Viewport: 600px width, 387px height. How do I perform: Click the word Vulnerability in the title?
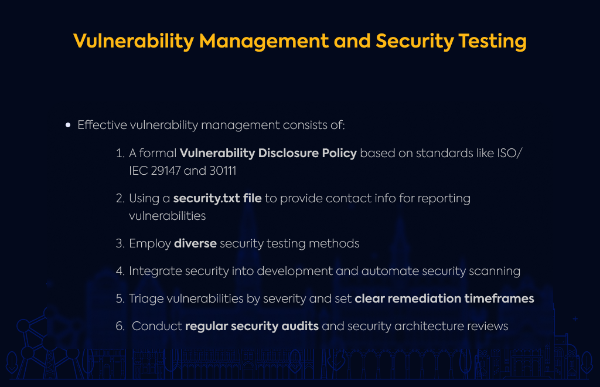(134, 42)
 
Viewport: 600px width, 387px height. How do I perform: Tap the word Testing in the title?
(492, 42)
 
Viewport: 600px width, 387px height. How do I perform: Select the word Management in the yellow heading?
(264, 42)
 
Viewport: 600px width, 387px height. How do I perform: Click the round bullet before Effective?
(68, 125)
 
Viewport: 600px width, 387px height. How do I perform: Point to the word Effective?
(102, 125)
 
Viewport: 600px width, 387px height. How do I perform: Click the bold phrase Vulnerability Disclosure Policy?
(268, 153)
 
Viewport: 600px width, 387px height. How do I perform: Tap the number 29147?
(166, 171)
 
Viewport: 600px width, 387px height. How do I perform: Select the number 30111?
(223, 171)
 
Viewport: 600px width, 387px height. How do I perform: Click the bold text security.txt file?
(217, 198)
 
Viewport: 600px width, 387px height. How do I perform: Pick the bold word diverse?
(195, 243)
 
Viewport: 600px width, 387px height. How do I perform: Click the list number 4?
(120, 271)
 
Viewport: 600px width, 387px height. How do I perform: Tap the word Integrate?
(155, 271)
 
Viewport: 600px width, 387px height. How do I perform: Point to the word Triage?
(144, 299)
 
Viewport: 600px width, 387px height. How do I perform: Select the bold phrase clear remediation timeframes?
(444, 298)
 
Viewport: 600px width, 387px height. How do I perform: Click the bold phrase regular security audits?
(252, 327)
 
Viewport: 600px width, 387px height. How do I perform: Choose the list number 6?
(120, 326)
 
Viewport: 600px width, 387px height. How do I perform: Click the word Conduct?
(157, 326)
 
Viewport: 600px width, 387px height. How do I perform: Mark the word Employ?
(150, 244)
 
